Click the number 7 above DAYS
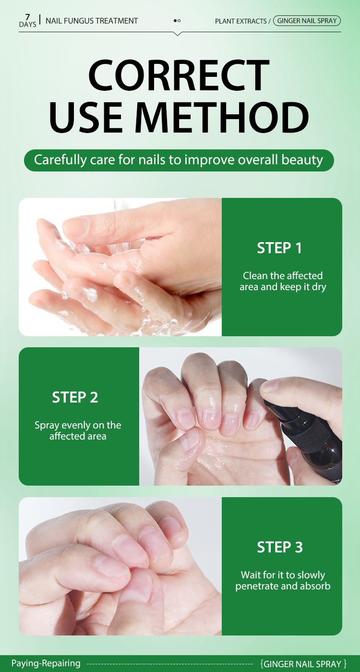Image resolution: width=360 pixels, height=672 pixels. (27, 17)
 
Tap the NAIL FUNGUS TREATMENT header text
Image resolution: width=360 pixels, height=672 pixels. (92, 21)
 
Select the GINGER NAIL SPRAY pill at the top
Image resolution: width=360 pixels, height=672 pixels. (307, 21)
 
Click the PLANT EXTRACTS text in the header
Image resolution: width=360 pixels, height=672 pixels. (240, 21)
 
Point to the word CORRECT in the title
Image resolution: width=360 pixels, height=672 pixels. (179, 75)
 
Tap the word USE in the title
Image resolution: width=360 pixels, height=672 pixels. (86, 117)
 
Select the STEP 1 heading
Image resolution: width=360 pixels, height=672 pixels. (279, 248)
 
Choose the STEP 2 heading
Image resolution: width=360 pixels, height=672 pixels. (75, 397)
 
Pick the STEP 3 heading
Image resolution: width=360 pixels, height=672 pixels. (280, 547)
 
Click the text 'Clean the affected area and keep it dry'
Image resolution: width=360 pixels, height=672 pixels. (283, 281)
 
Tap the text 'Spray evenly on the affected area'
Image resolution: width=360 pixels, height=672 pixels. (78, 430)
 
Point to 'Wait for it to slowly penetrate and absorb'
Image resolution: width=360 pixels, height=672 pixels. (283, 581)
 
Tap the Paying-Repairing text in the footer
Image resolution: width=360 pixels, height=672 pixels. (46, 663)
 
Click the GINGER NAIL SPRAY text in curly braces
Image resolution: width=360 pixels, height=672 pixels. (303, 663)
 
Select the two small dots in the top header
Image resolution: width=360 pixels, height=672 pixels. (177, 21)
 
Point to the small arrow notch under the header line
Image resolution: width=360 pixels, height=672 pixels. (178, 34)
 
